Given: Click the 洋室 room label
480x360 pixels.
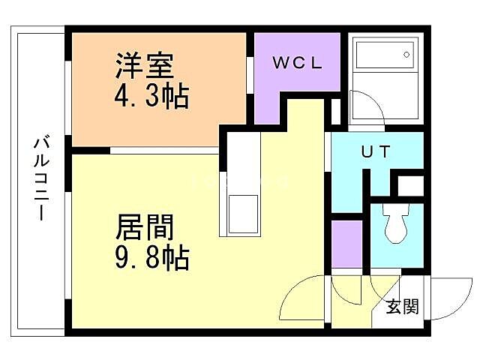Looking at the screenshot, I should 145,66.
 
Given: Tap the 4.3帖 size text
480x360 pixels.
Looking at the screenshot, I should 151,97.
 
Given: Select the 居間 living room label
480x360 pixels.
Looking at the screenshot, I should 145,226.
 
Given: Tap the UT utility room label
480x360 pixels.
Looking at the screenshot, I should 376,151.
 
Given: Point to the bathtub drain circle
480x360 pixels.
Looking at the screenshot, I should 406,54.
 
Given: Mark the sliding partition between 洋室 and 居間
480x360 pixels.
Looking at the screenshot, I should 165,151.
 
